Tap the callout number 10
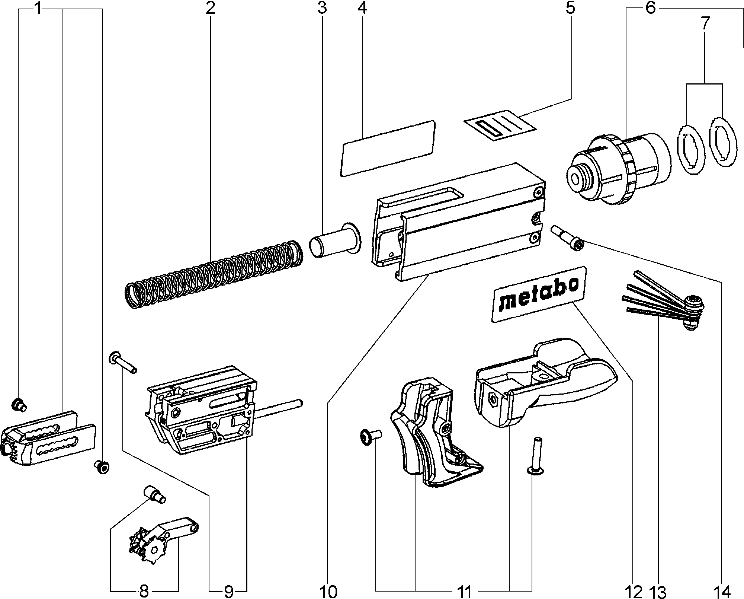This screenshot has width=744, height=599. click(328, 591)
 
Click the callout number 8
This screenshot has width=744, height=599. click(144, 591)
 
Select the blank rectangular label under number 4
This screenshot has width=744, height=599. click(388, 148)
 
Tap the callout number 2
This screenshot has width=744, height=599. click(210, 8)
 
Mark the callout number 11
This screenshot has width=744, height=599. click(464, 591)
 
